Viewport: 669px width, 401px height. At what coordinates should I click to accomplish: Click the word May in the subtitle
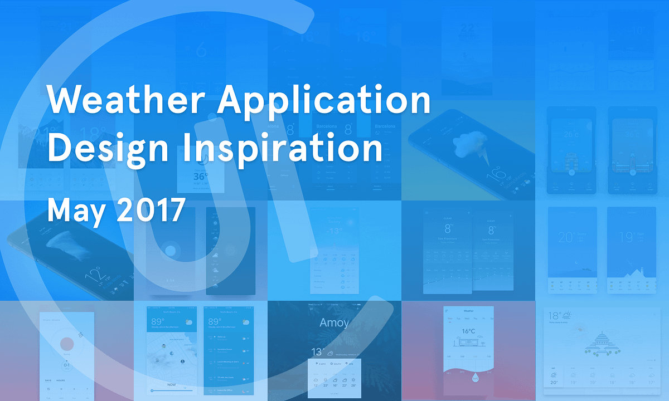click(x=72, y=210)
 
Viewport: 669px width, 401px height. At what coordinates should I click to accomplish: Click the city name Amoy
click(x=334, y=322)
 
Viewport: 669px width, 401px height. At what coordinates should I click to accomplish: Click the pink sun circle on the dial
click(x=67, y=344)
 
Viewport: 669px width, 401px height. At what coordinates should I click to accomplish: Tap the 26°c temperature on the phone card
click(x=571, y=134)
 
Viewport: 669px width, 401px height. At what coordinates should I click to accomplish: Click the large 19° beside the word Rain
click(x=626, y=237)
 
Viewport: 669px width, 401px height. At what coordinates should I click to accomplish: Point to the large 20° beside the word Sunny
click(x=565, y=237)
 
